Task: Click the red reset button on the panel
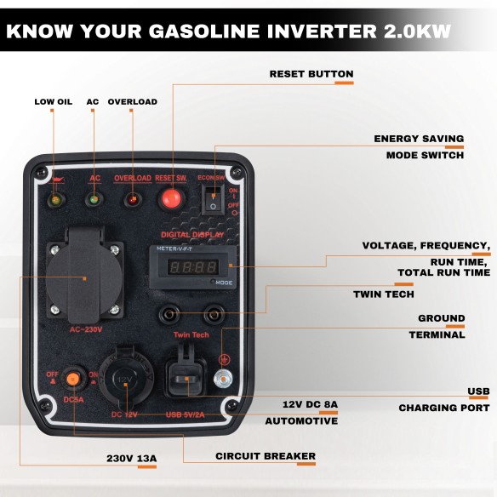click(x=170, y=200)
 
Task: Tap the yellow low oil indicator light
click(x=56, y=201)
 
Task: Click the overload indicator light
click(x=132, y=201)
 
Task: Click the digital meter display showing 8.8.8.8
click(x=189, y=266)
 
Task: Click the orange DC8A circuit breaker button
click(x=73, y=379)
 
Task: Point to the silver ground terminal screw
click(x=223, y=380)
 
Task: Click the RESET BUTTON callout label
click(x=311, y=74)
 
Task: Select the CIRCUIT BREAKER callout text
click(x=265, y=456)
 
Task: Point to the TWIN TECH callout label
click(x=384, y=294)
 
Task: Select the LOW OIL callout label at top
click(x=53, y=102)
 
